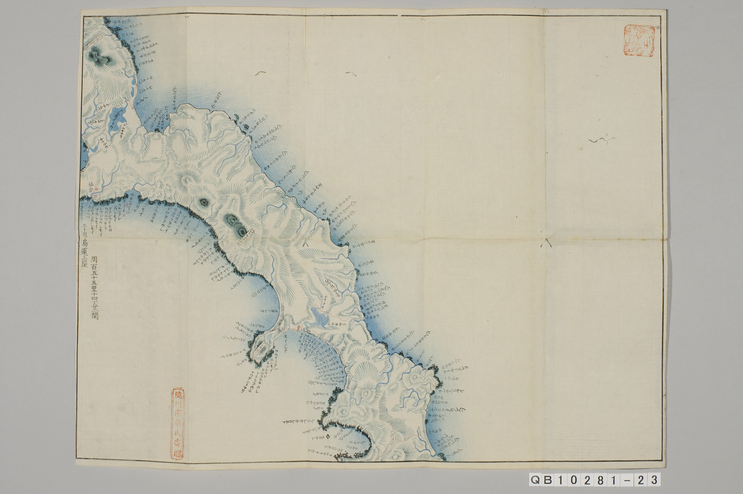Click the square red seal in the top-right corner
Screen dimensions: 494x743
[638, 41]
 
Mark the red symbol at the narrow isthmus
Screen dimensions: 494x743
[299, 328]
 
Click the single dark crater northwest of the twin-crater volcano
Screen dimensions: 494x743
[203, 201]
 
